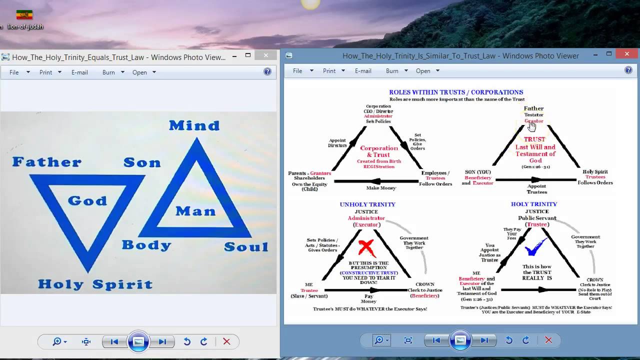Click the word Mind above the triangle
tap(194, 125)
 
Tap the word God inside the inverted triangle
tap(87, 201)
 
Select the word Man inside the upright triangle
tap(195, 211)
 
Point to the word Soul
tap(246, 247)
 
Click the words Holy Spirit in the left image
tap(95, 284)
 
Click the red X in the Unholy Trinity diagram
tap(366, 247)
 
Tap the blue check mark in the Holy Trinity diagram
tap(534, 246)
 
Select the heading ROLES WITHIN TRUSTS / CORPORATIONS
tap(456, 92)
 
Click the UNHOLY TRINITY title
tap(367, 204)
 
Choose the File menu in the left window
tap(14, 72)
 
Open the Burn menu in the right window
tap(392, 71)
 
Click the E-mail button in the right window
tap(363, 71)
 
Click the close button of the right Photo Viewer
tap(627, 54)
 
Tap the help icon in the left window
tap(267, 72)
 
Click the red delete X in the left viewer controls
tap(226, 341)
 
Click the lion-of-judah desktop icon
tap(24, 20)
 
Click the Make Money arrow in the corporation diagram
tap(376, 181)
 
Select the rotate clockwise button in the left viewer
tap(204, 341)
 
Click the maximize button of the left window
tap(248, 55)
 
